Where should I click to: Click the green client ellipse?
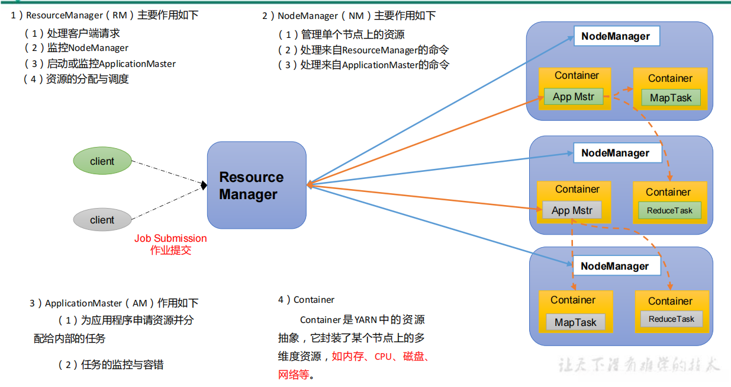(102, 161)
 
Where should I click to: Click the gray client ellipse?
(102, 219)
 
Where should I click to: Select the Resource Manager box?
(256, 185)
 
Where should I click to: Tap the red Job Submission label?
(170, 238)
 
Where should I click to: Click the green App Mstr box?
(573, 97)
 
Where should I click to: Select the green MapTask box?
(670, 98)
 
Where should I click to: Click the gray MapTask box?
(575, 322)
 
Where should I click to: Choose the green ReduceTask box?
(669, 210)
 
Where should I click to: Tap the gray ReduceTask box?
(671, 319)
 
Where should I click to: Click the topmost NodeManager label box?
(616, 36)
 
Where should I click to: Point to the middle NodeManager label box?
(616, 153)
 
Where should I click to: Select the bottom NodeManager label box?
(615, 266)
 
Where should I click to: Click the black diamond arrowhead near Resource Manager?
(204, 185)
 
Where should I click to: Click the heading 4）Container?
(306, 300)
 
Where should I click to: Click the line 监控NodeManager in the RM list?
(88, 48)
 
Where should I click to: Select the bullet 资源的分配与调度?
(87, 79)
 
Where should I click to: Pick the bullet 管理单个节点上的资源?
(352, 35)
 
